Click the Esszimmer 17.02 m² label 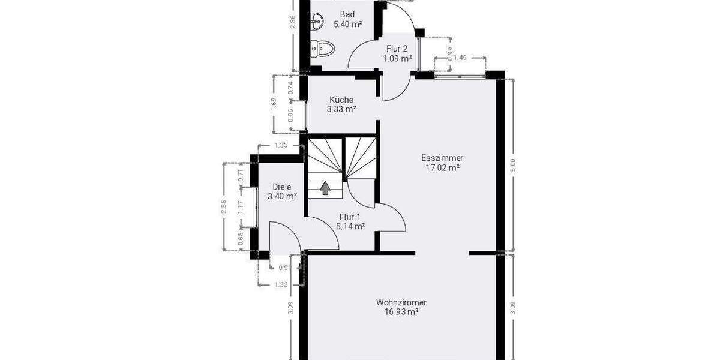point(442,163)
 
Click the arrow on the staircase point(325,188)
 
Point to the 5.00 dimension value point(512,166)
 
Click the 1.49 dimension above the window point(460,58)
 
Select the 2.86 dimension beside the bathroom point(293,21)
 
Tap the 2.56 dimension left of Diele point(223,206)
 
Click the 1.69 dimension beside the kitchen point(274,104)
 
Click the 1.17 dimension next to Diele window point(241,207)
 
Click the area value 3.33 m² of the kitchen point(341,109)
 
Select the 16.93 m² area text point(401,312)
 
